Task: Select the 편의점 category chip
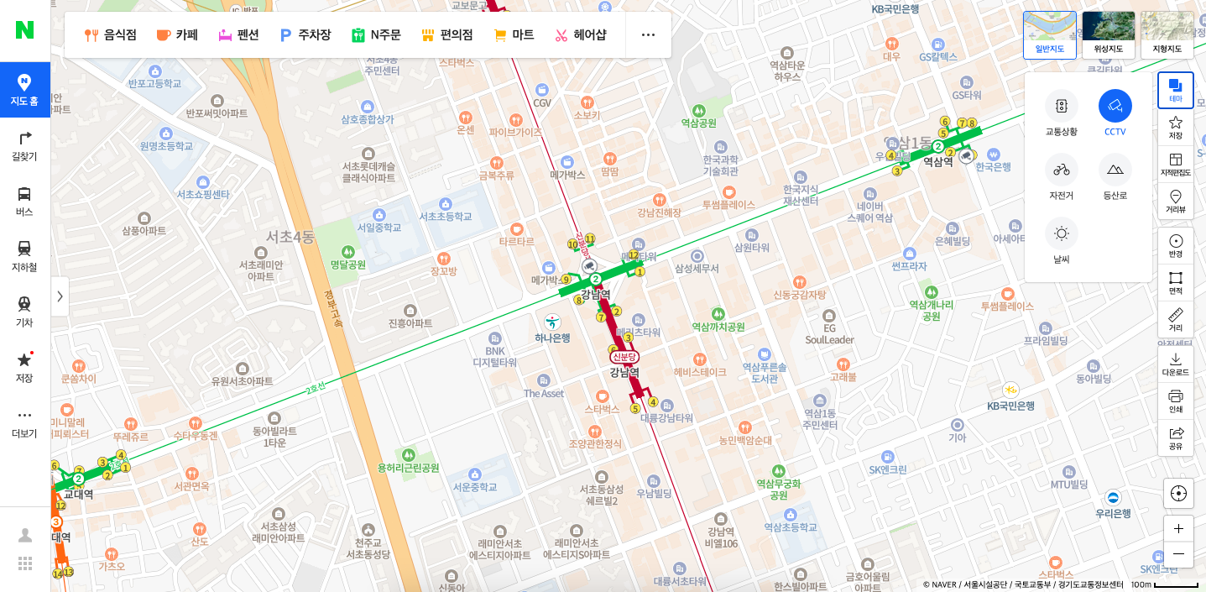point(447,34)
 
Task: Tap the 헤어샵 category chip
point(581,34)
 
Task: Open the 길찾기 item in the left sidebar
point(24,145)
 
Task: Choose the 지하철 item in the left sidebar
point(24,256)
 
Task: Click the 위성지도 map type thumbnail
point(1108,34)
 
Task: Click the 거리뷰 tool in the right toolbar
point(1175,202)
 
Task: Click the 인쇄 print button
point(1175,401)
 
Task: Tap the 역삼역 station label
point(938,161)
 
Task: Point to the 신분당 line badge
point(624,357)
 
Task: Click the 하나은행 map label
point(552,338)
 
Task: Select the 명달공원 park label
point(348,265)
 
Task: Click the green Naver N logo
point(24,29)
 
